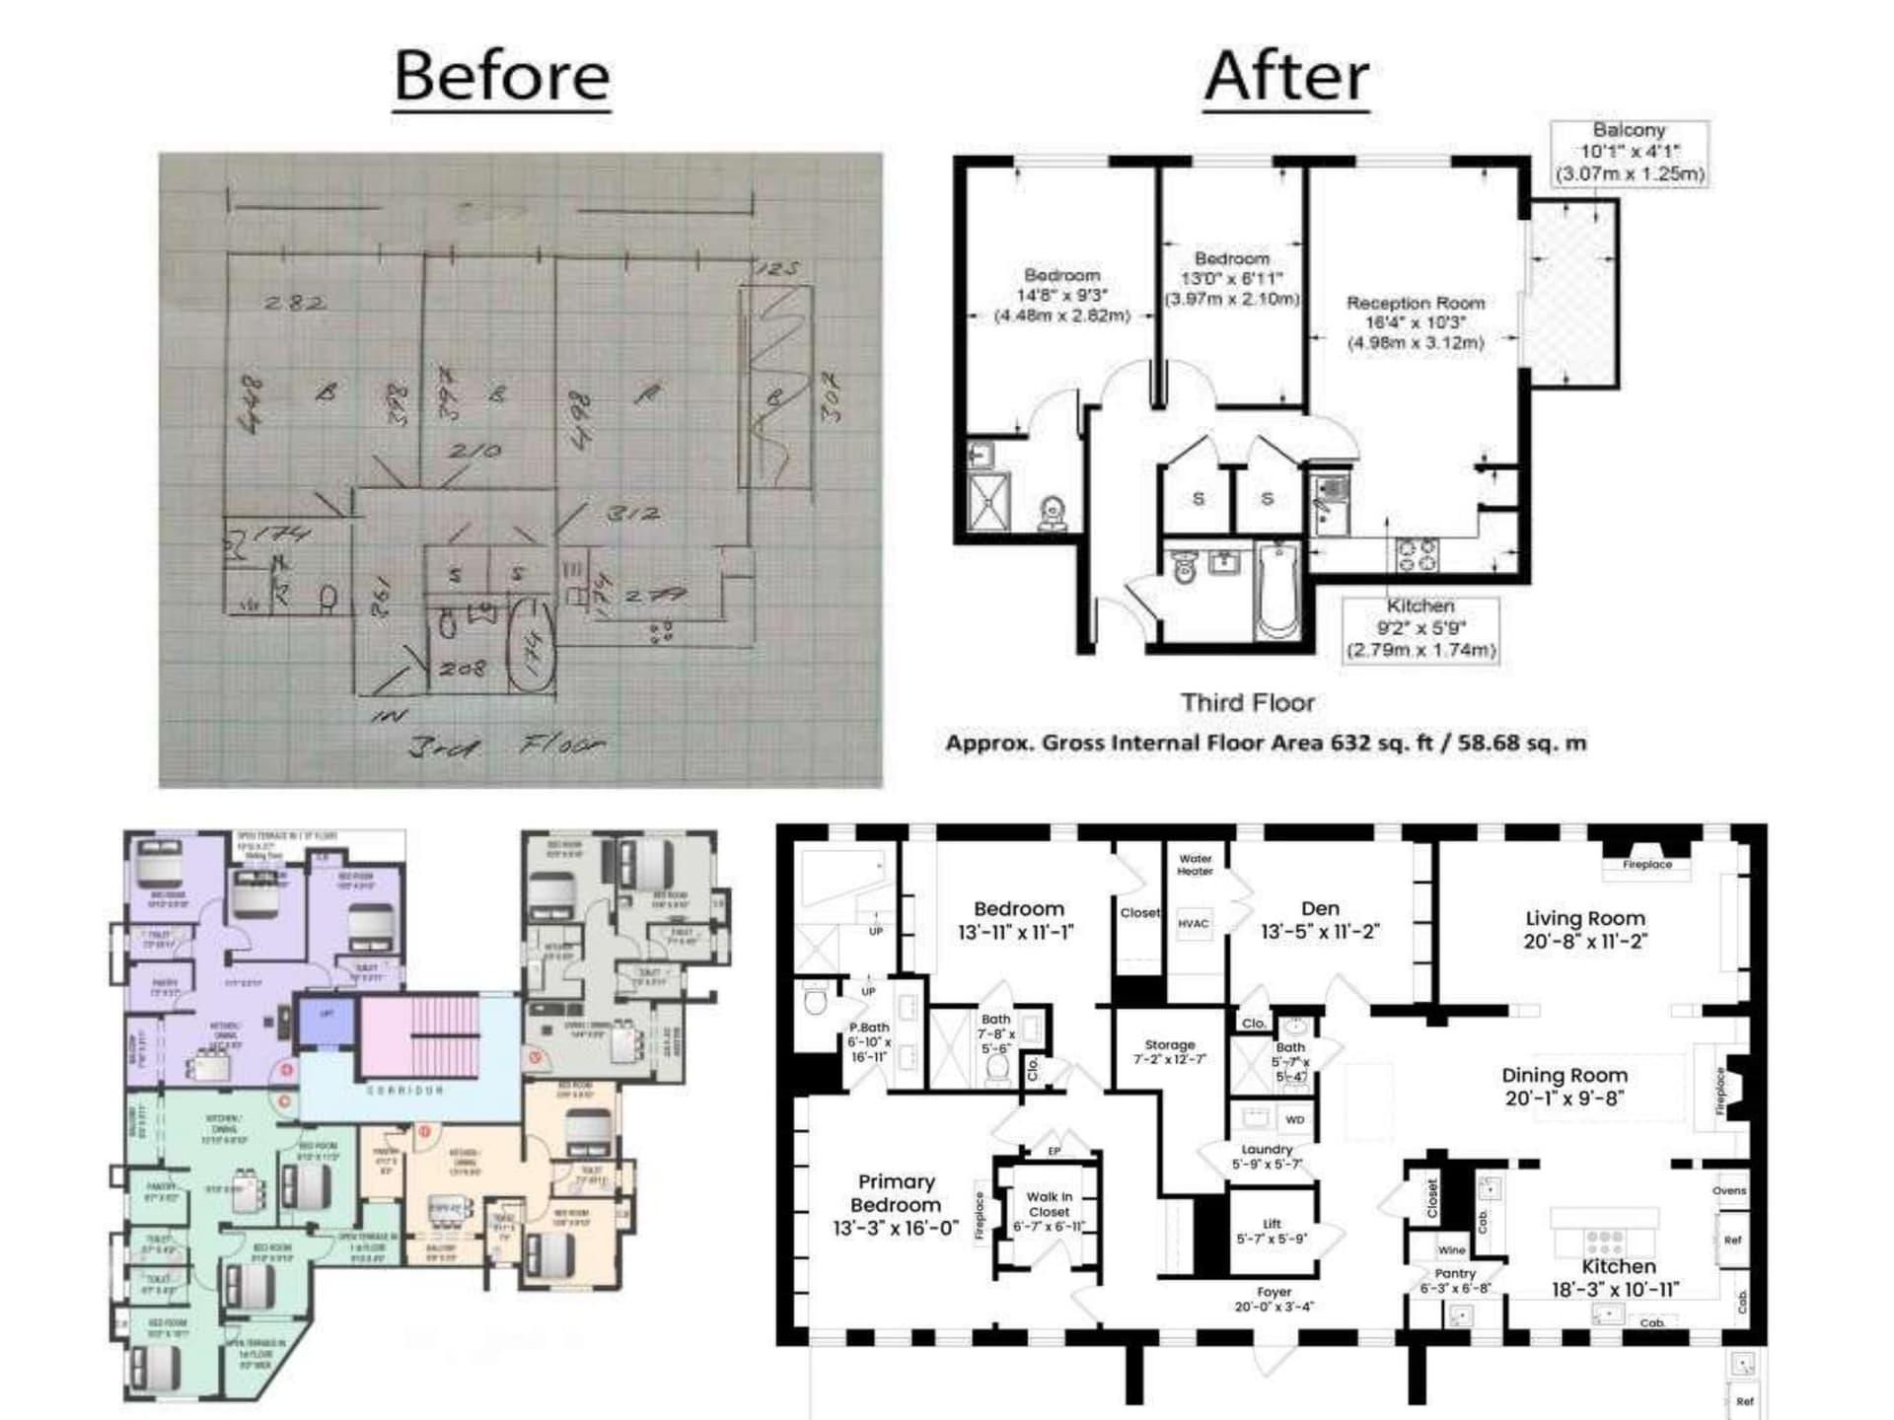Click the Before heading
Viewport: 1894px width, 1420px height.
click(501, 76)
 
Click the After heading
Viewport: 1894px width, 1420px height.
click(1286, 76)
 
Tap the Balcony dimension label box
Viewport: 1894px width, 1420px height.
click(1629, 152)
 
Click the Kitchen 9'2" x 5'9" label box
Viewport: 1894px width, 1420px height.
click(1420, 628)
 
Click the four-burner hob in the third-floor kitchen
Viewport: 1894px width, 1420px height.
click(1418, 554)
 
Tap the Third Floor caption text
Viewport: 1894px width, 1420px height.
click(1247, 703)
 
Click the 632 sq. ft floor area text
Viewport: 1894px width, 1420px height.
click(1266, 744)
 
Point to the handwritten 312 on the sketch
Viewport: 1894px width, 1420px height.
click(632, 514)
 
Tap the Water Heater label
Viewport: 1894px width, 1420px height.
click(1195, 865)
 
